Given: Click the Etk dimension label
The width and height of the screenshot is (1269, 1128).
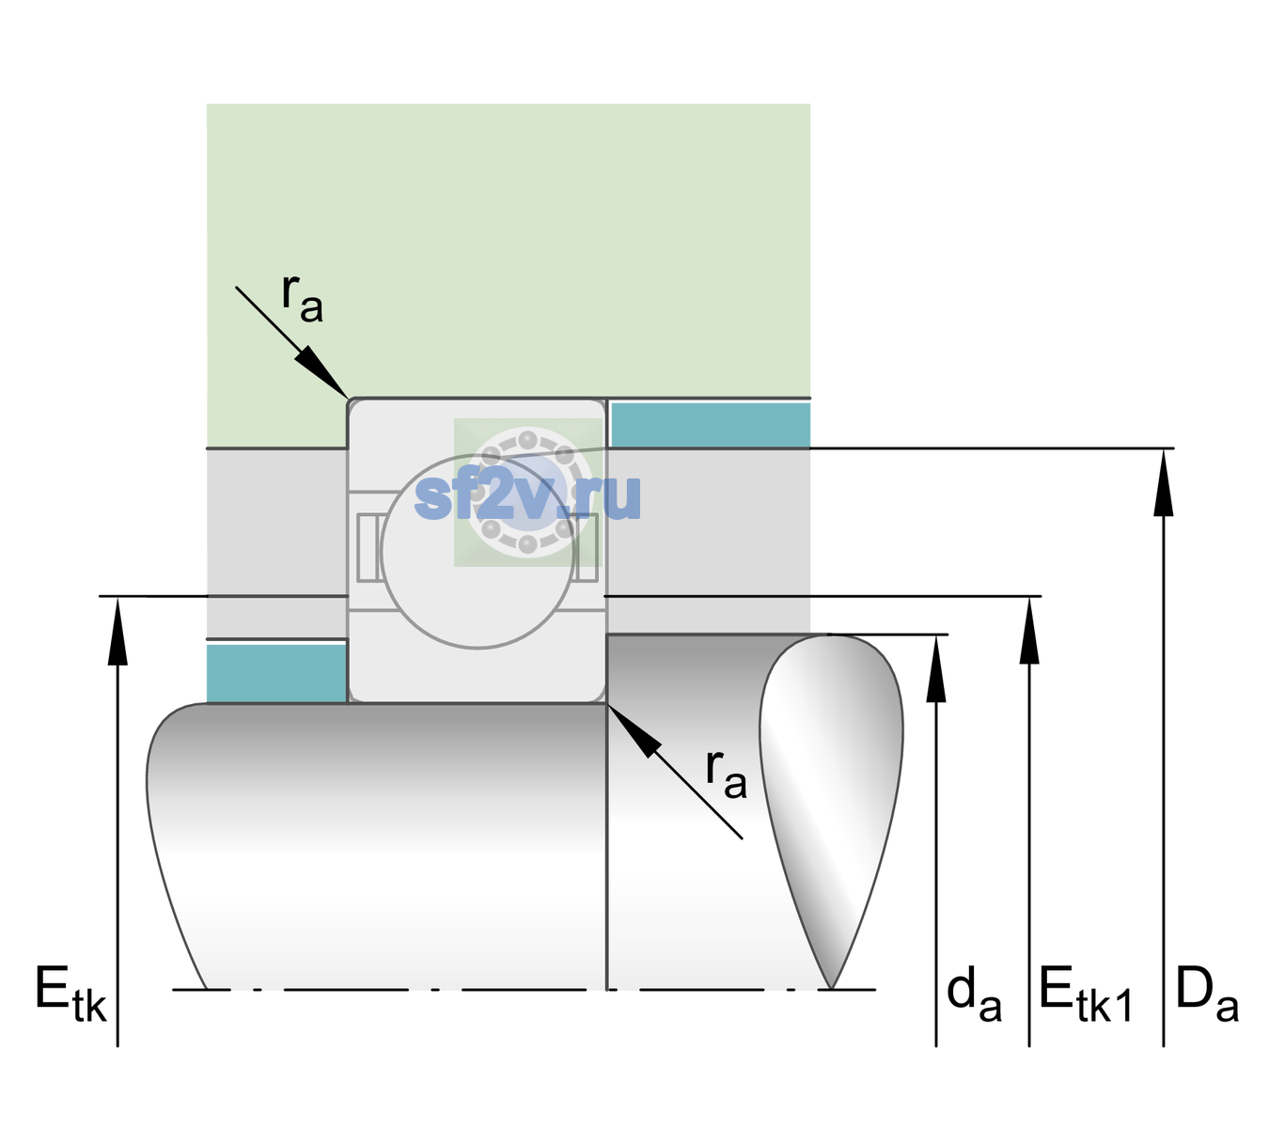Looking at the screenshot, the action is coord(70,994).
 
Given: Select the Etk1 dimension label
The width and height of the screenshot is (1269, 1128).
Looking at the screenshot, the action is coord(1086,994).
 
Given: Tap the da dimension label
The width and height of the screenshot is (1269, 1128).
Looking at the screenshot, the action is coord(974,994).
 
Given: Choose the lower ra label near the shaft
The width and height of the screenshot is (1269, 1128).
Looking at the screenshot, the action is coord(727,775).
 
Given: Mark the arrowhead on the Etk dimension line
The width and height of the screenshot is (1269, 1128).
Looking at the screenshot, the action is coord(117,631).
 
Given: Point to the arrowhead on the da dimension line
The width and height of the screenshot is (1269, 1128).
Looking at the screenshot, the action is coord(936,668).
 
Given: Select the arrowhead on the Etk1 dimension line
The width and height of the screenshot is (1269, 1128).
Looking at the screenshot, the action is coord(1029,630).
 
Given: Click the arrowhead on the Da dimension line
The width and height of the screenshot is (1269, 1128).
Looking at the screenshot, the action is coord(1163,483).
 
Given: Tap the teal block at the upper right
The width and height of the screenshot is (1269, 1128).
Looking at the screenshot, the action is coord(711,424).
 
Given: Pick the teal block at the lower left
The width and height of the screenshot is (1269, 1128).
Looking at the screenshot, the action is coord(276,673).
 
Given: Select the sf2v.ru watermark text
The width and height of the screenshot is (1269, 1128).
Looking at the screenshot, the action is coord(527,496).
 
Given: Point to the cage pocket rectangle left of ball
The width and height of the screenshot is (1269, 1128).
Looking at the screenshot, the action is coord(367,547).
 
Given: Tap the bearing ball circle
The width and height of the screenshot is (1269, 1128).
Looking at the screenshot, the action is coord(478,552).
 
